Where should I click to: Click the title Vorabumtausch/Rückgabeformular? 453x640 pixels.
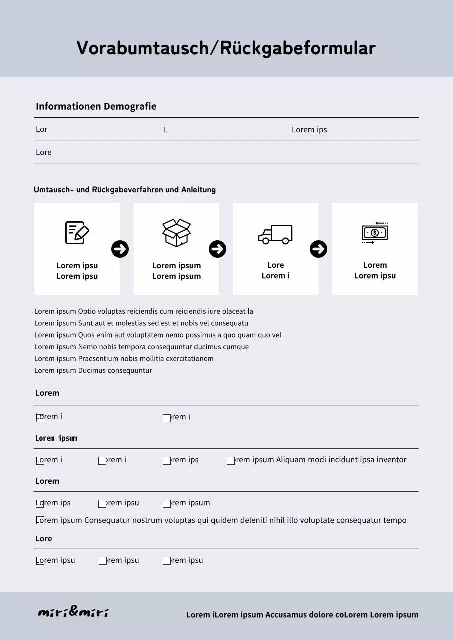pyautogui.click(x=226, y=48)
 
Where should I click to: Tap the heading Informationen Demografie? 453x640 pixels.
pyautogui.click(x=96, y=106)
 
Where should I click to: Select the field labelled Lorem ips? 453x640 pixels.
pyautogui.click(x=309, y=130)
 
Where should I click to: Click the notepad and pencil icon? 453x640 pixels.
pyautogui.click(x=77, y=233)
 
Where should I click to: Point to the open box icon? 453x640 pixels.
pyautogui.click(x=176, y=233)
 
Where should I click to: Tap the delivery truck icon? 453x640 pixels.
pyautogui.click(x=275, y=234)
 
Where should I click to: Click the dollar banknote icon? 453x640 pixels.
pyautogui.click(x=375, y=233)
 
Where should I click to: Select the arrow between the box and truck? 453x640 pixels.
pyautogui.click(x=217, y=249)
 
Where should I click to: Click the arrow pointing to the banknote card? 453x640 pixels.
pyautogui.click(x=319, y=249)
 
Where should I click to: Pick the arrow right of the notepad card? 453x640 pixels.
pyautogui.click(x=120, y=249)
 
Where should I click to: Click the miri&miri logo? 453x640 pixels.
pyautogui.click(x=73, y=613)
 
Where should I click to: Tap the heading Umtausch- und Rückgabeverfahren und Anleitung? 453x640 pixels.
pyautogui.click(x=125, y=190)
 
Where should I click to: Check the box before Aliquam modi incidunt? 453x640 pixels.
pyautogui.click(x=231, y=461)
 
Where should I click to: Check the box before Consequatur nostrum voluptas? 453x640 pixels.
pyautogui.click(x=40, y=521)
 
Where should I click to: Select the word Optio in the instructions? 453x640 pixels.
pyautogui.click(x=87, y=311)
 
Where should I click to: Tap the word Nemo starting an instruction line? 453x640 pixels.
pyautogui.click(x=87, y=347)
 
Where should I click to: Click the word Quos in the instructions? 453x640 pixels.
pyautogui.click(x=86, y=335)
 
